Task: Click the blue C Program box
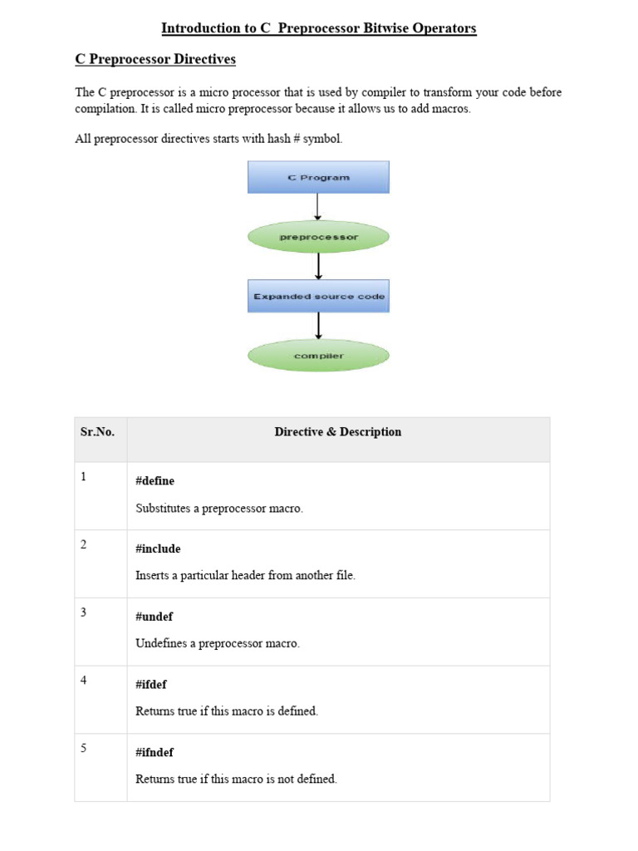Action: (318, 177)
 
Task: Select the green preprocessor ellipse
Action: (318, 237)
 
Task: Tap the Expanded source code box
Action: (318, 296)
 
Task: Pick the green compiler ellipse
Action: (318, 356)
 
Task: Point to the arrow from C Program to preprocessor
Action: (318, 207)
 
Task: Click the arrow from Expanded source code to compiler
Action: (318, 326)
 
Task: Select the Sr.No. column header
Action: (97, 432)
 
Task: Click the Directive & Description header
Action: (337, 432)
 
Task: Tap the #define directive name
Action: (155, 481)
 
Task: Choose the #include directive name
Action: (158, 549)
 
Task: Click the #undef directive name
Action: (154, 617)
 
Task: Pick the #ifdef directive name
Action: (151, 685)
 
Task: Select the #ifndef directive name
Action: (155, 753)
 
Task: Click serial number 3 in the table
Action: (84, 612)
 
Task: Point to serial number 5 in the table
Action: (84, 748)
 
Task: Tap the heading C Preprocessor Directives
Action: (155, 60)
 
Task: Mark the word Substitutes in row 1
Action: (163, 508)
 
